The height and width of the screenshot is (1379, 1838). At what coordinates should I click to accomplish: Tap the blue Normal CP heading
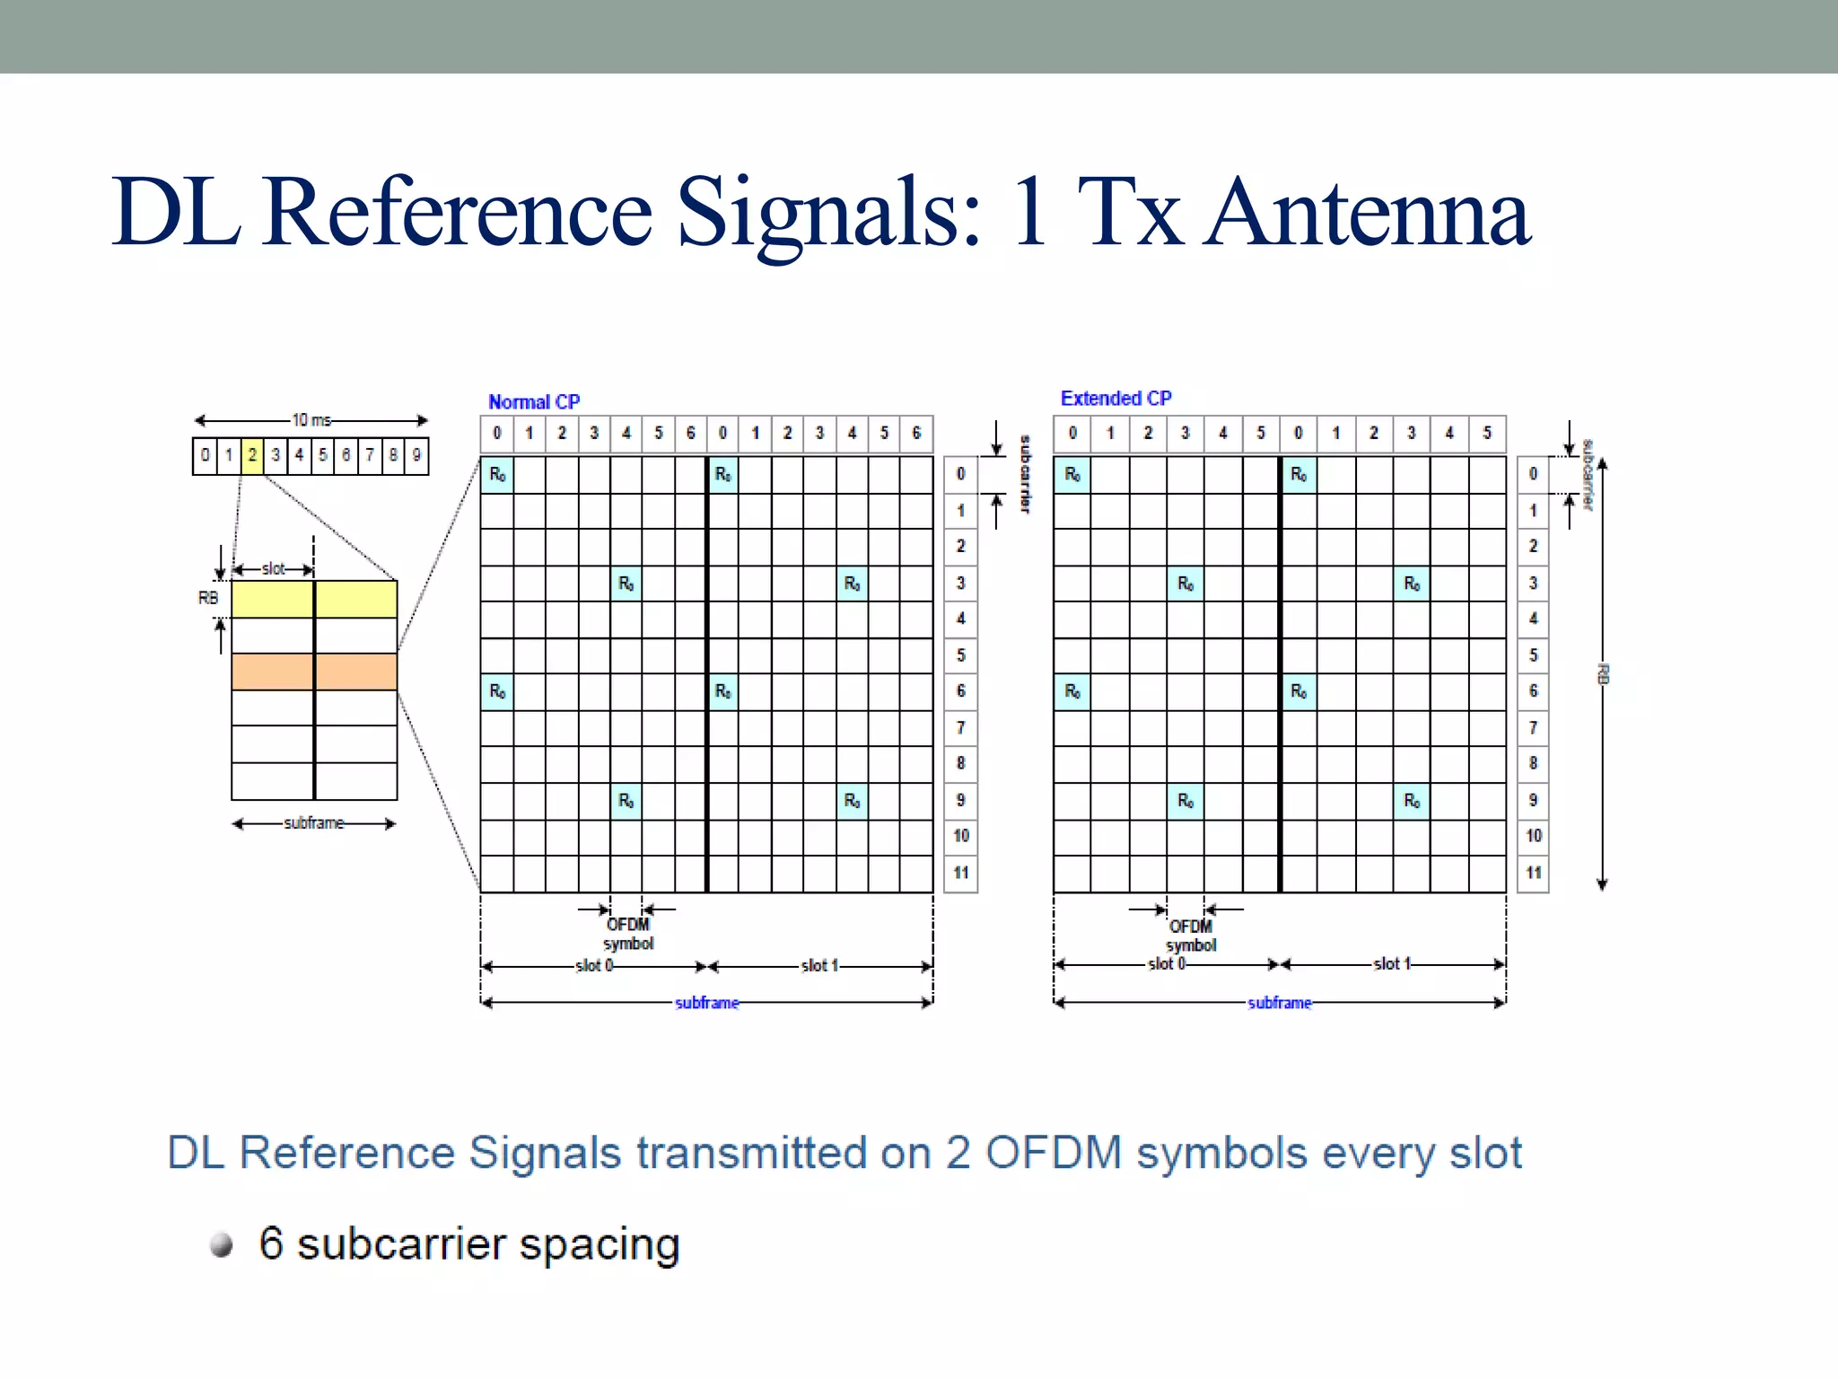(534, 401)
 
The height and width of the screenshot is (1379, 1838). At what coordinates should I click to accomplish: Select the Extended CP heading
(1116, 398)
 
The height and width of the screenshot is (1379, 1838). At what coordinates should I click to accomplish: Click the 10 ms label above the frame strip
(311, 420)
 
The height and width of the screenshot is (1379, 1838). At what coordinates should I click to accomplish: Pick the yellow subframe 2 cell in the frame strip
(252, 455)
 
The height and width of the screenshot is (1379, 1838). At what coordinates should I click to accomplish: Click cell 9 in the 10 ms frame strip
(416, 455)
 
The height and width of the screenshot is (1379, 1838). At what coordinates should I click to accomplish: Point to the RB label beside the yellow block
(207, 598)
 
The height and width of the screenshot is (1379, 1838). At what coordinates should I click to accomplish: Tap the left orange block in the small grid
(273, 672)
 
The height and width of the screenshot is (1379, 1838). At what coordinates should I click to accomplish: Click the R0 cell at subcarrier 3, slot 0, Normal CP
(626, 584)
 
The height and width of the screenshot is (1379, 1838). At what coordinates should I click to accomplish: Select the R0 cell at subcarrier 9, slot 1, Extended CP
(1412, 800)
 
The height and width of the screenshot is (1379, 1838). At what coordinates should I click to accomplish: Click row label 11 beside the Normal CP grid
(961, 873)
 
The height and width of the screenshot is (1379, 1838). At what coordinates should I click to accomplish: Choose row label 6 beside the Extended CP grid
(1534, 691)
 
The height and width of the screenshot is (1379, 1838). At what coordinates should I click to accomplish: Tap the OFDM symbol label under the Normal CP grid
(628, 934)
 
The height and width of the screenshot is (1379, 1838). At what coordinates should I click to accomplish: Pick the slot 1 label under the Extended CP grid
(1392, 964)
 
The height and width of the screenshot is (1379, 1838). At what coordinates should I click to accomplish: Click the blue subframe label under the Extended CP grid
(1280, 1003)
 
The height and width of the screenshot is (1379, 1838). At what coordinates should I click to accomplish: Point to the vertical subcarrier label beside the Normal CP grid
(1025, 474)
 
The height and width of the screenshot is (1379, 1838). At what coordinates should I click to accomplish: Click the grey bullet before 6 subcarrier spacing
(222, 1245)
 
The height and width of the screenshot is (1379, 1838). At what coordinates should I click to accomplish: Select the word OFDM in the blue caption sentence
(1054, 1153)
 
